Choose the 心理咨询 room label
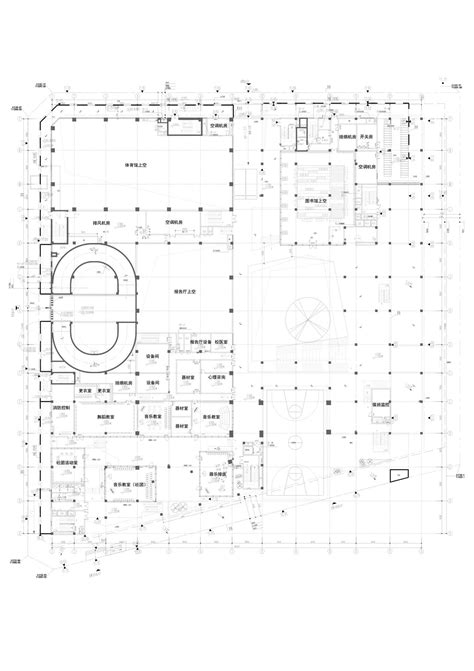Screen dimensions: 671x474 coord(219,379)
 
